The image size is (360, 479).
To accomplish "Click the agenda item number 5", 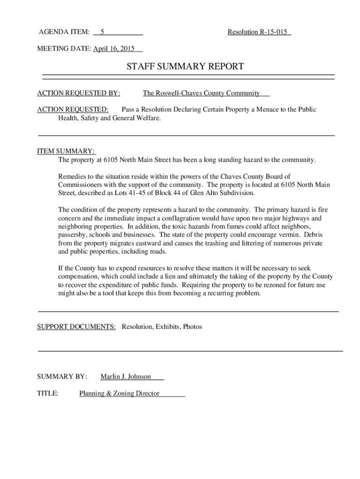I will point(102,32).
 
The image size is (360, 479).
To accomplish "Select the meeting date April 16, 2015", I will point(114,49).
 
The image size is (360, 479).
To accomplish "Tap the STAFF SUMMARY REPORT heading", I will point(185,66).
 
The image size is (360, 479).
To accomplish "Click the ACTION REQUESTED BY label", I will point(79,93).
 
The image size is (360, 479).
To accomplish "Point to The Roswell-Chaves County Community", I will point(202,93).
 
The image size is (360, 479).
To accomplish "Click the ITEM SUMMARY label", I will point(66,151).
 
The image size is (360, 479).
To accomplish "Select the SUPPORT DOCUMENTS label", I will point(76,327).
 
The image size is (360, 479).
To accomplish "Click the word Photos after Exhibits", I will point(193,327).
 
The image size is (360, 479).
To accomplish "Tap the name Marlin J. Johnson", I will point(126,377).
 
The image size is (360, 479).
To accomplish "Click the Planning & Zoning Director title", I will point(120,393).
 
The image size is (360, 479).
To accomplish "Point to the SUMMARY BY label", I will point(62,377).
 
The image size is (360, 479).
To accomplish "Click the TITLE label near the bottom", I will point(48,393).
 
